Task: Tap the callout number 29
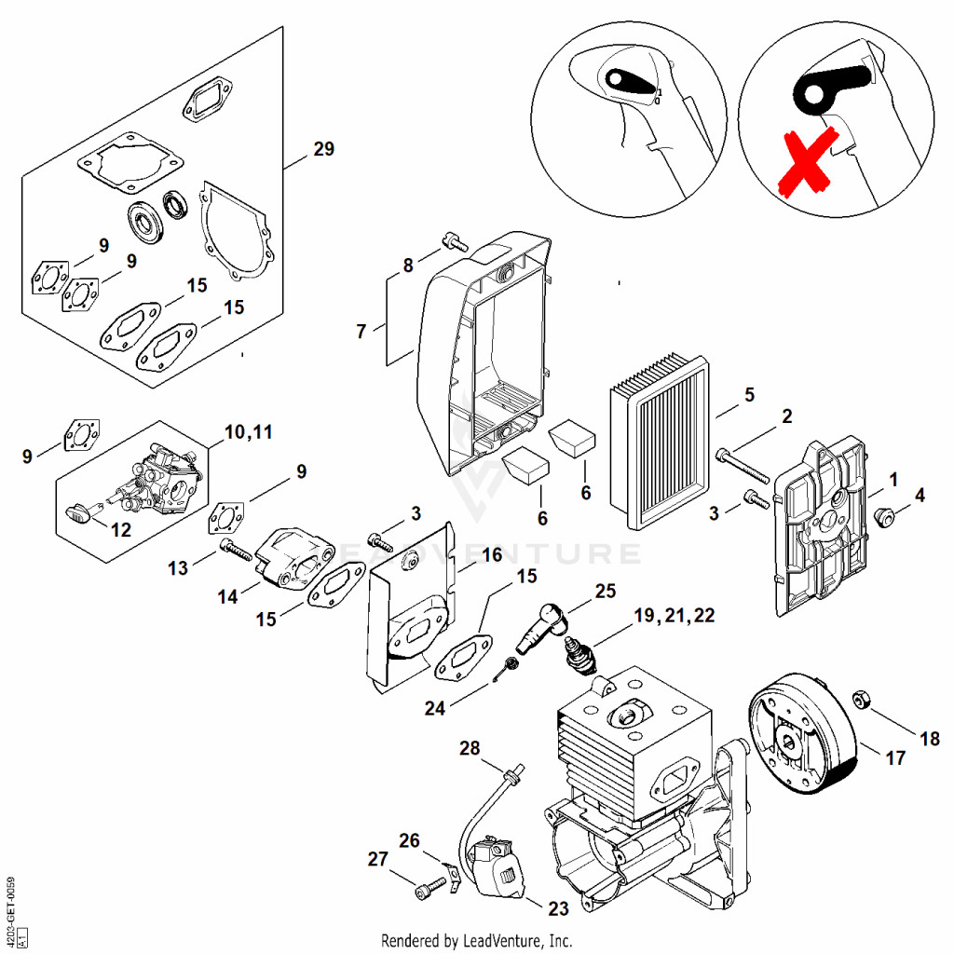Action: [323, 149]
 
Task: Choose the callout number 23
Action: [558, 908]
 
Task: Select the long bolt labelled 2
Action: [743, 465]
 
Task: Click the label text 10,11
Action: [249, 432]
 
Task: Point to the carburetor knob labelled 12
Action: [78, 513]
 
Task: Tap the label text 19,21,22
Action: [675, 615]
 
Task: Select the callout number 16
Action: [492, 555]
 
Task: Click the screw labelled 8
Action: [454, 241]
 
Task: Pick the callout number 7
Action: [361, 332]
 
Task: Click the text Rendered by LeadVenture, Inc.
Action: [476, 940]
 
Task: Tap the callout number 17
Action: [895, 758]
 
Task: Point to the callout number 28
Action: [470, 748]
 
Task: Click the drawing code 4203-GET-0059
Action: [10, 901]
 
